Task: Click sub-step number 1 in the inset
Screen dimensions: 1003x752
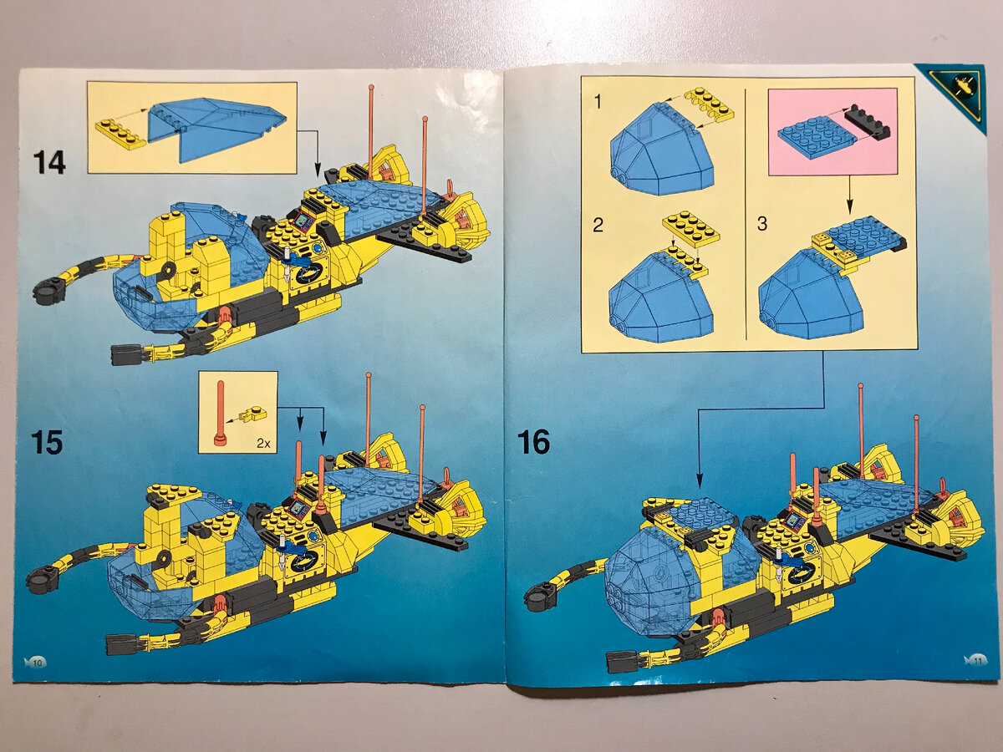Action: pyautogui.click(x=598, y=102)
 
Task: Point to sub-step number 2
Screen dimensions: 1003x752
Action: pyautogui.click(x=598, y=225)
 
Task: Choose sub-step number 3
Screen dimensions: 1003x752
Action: pyautogui.click(x=762, y=224)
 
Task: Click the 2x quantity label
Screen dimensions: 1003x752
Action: pyautogui.click(x=262, y=443)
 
